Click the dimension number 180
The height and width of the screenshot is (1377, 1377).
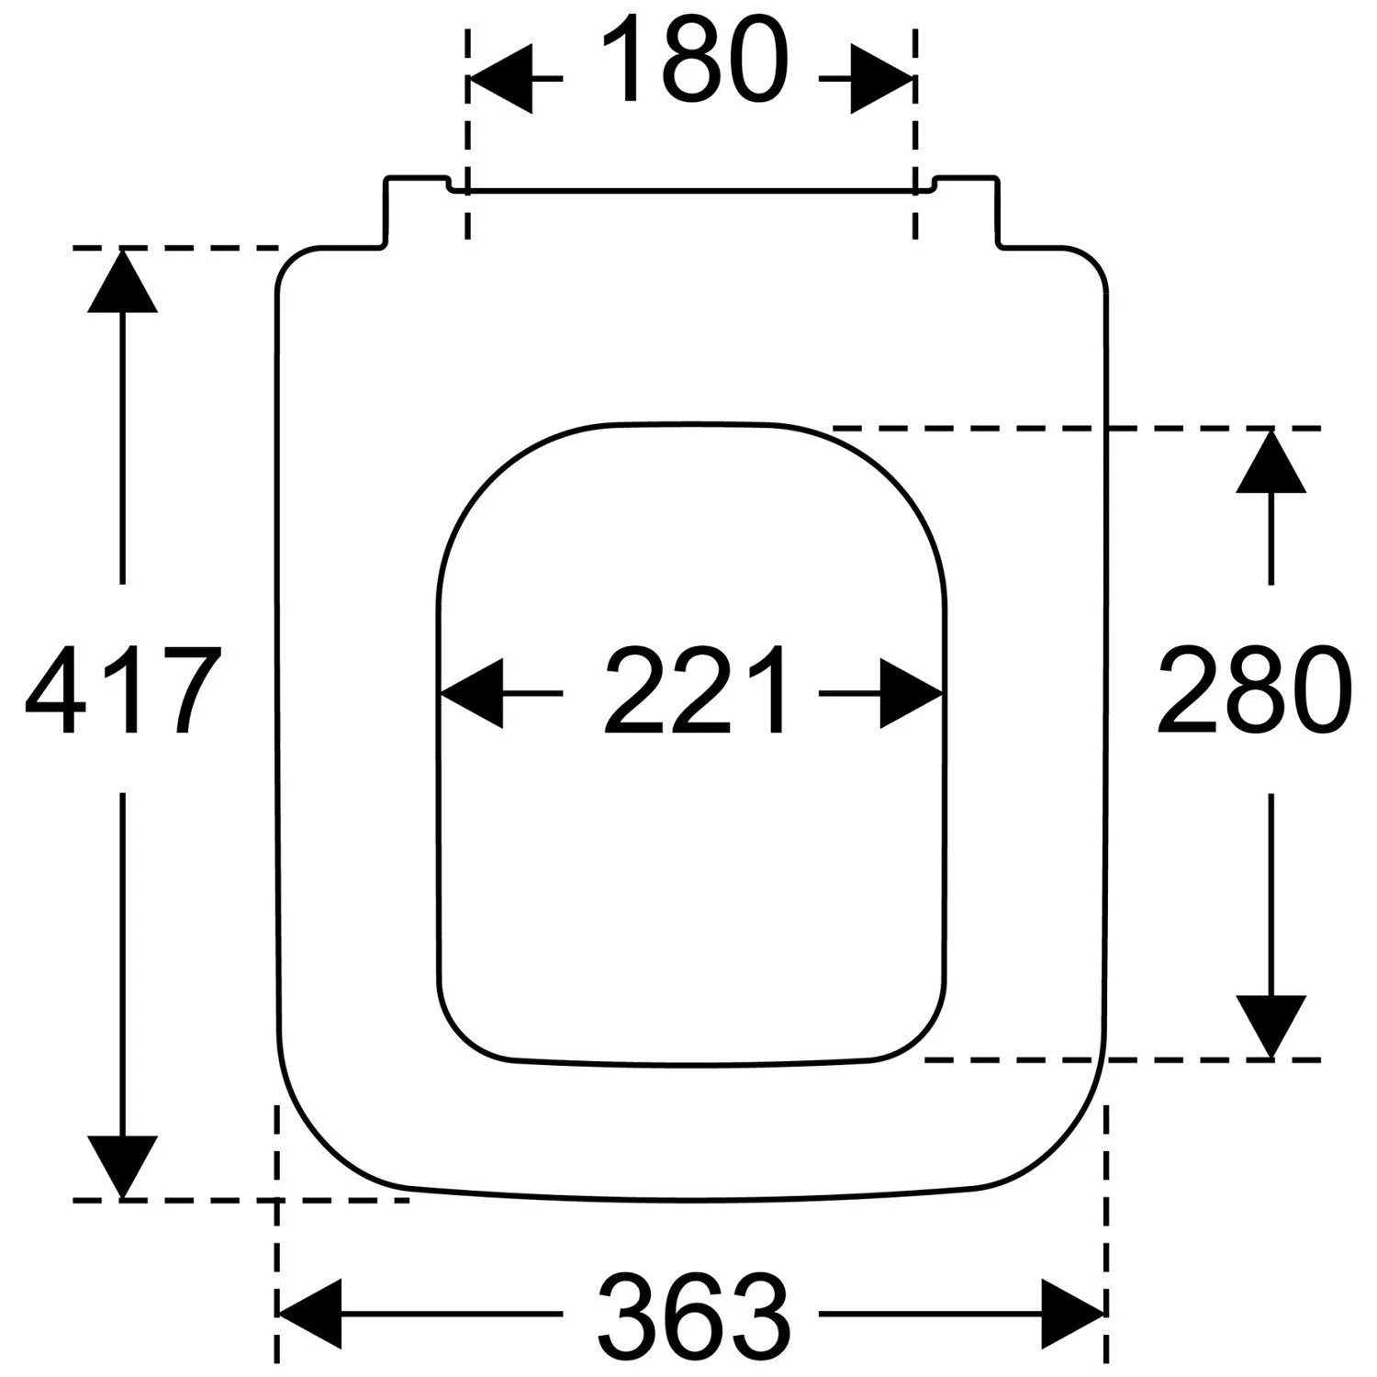696,59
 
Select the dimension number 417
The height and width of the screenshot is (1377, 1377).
123,690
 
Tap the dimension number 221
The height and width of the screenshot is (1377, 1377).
694,690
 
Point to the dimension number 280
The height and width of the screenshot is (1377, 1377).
1254,690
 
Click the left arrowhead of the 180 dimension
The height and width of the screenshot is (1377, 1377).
500,79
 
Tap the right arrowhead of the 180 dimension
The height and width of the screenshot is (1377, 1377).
882,79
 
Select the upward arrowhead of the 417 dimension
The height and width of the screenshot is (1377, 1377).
122,280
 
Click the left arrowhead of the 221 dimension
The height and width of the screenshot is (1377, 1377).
472,693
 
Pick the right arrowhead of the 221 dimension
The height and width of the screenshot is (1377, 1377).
912,693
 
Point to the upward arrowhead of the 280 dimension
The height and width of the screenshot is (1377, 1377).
1271,461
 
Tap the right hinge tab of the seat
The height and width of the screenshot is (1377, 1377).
967,211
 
